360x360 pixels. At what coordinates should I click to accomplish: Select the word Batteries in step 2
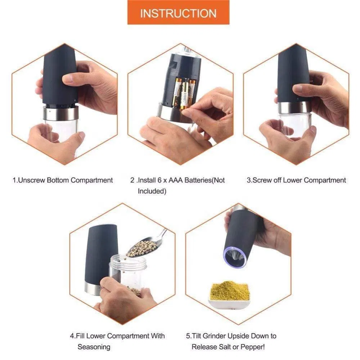(198, 180)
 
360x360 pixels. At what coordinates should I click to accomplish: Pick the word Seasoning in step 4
(94, 347)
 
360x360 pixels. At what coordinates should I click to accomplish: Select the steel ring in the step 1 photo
(61, 113)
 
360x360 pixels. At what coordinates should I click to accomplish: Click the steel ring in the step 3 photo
(293, 107)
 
